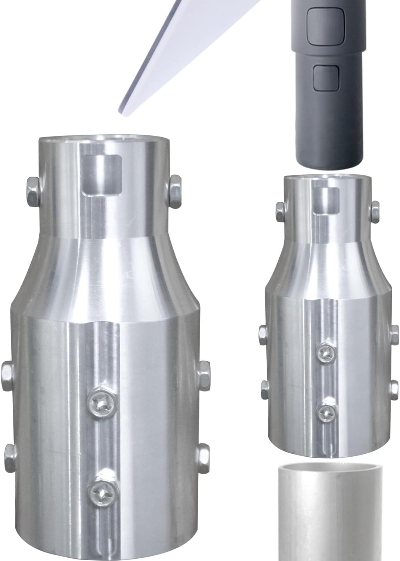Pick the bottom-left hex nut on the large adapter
pos(11,454)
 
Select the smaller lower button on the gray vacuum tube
pos(326,78)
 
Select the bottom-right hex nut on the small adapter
pos(394,389)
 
